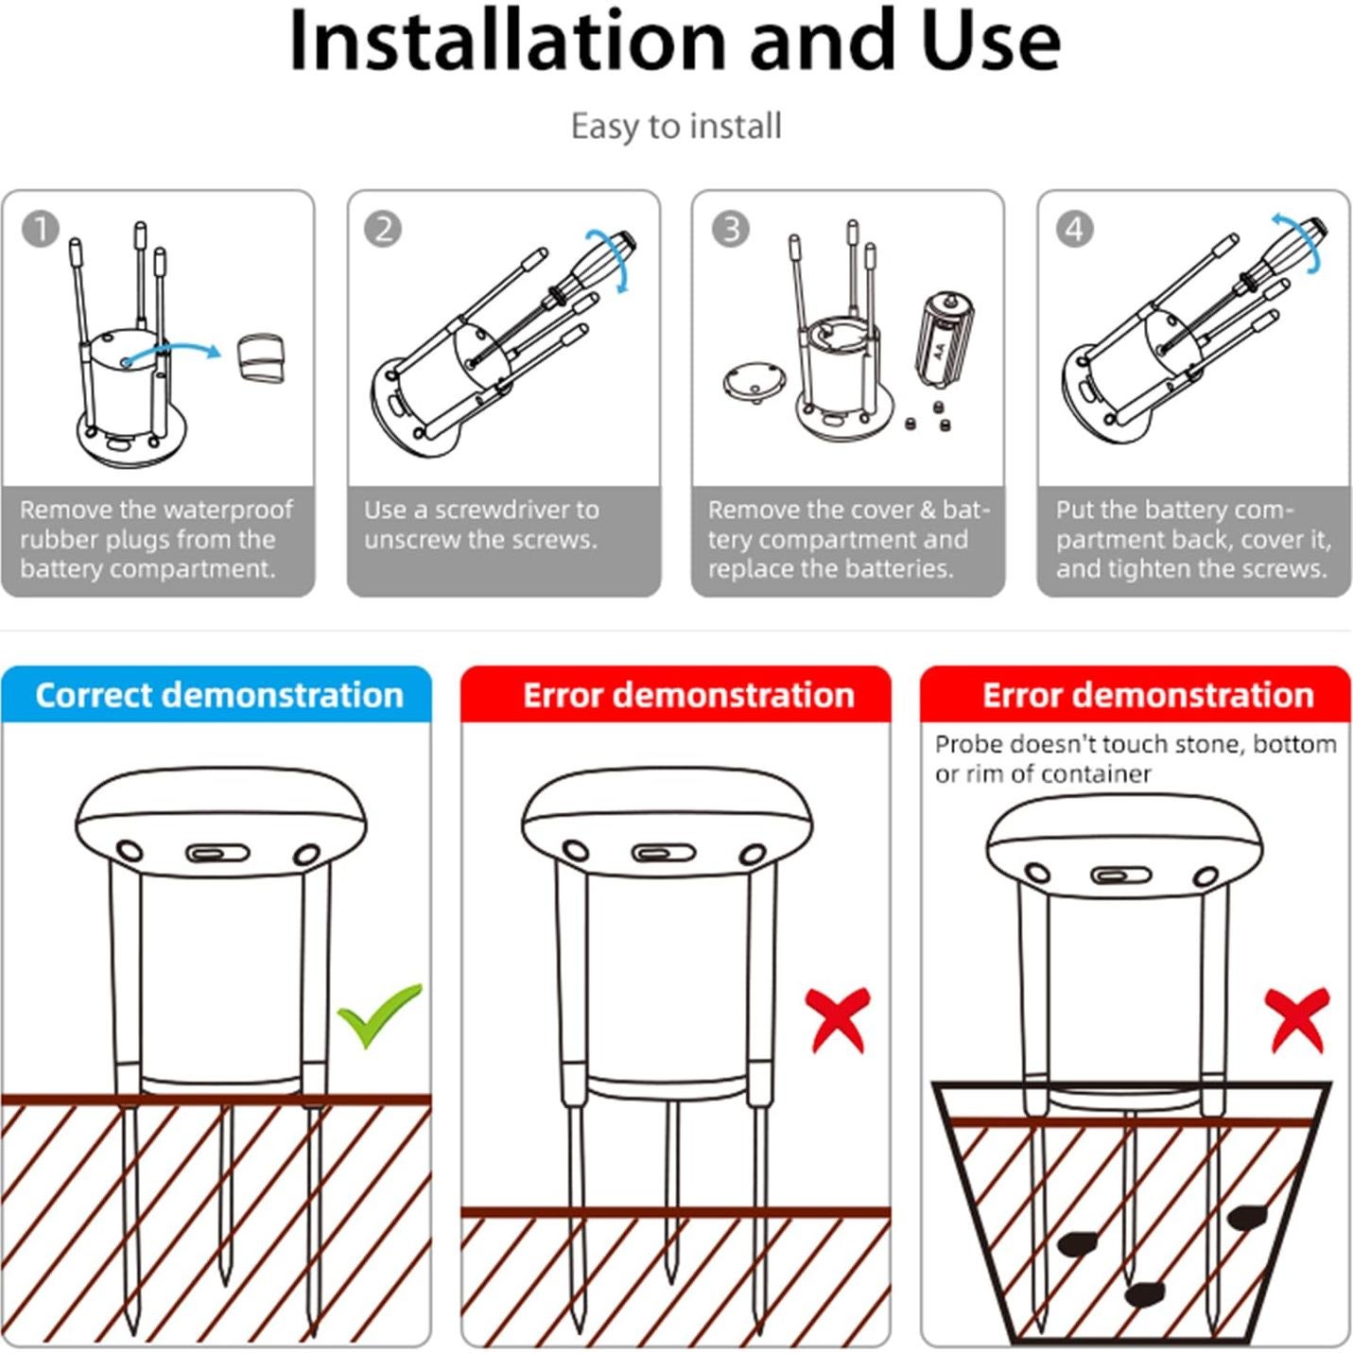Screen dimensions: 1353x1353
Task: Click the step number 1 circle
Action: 40,229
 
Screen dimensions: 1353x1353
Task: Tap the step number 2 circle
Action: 383,229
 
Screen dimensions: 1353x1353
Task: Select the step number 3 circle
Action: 730,229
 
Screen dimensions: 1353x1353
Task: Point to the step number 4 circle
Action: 1075,229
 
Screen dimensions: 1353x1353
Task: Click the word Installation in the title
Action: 507,41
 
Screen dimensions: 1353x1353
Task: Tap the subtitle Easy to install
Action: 676,127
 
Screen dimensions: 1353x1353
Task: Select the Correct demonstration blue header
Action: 217,694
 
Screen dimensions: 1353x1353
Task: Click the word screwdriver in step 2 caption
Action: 504,510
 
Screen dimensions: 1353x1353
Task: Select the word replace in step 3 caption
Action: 751,570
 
